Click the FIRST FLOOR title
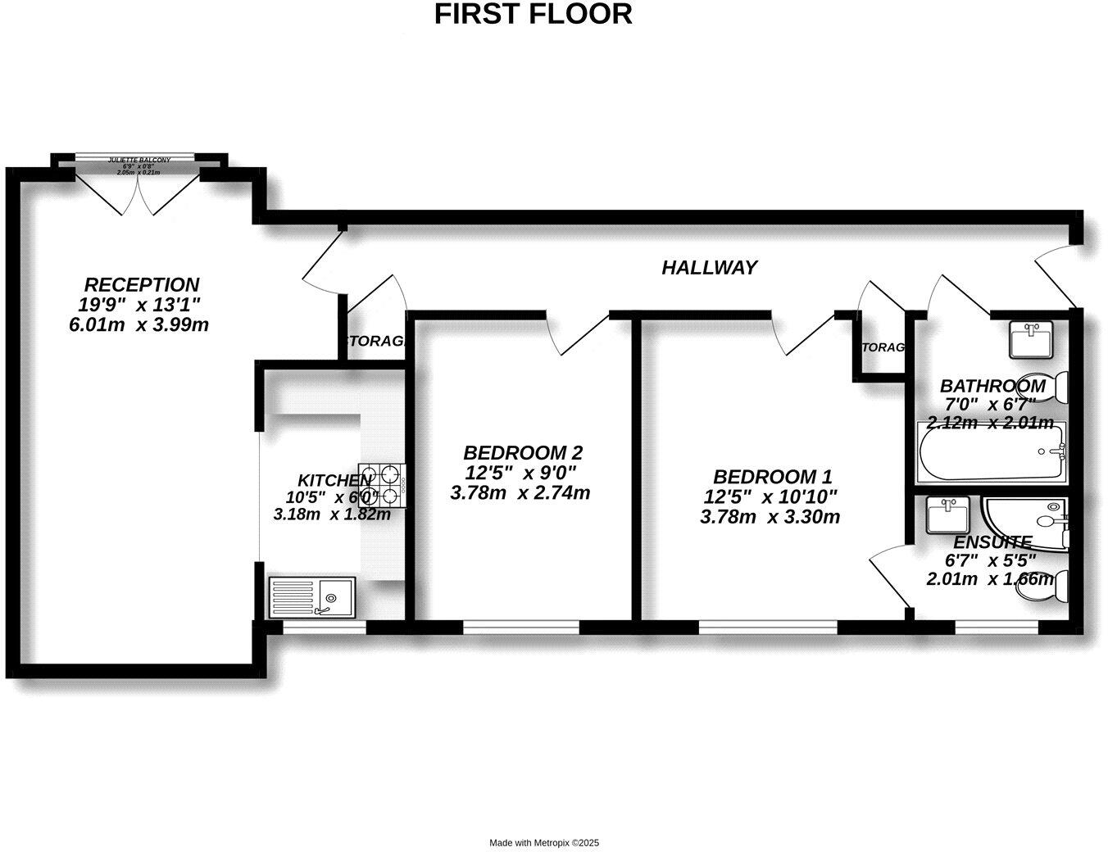(533, 14)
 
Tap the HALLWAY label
(709, 268)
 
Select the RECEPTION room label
(141, 285)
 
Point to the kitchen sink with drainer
(312, 596)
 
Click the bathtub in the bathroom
(992, 453)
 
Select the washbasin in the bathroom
(1031, 340)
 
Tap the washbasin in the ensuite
(947, 514)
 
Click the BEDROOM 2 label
(522, 452)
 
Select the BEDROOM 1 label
(772, 477)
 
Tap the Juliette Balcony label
(139, 160)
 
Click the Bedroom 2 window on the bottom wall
(521, 628)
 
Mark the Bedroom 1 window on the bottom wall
(767, 628)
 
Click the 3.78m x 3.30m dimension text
(770, 518)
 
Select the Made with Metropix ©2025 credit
(544, 842)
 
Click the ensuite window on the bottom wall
(996, 628)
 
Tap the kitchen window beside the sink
(324, 628)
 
